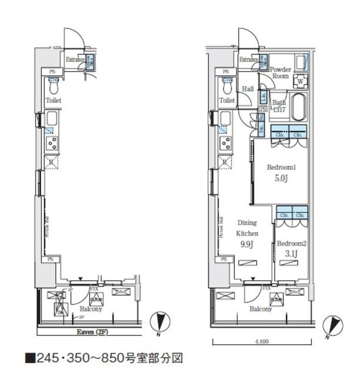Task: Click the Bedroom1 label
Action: click(281, 167)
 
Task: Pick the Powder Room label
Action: click(280, 72)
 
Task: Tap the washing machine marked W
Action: click(301, 81)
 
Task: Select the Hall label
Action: click(248, 89)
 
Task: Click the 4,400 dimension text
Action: click(262, 341)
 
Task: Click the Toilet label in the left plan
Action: click(54, 100)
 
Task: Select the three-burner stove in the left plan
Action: click(52, 143)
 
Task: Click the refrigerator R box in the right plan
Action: click(225, 162)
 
